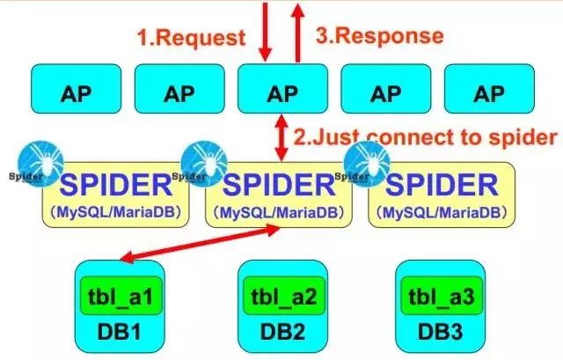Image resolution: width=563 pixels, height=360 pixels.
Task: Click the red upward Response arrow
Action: [297, 30]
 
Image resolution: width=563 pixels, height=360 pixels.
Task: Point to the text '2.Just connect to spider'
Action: [425, 136]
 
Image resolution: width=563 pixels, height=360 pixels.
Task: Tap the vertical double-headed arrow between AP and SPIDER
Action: [282, 137]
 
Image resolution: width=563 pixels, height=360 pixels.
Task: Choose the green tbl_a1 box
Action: [113, 294]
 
